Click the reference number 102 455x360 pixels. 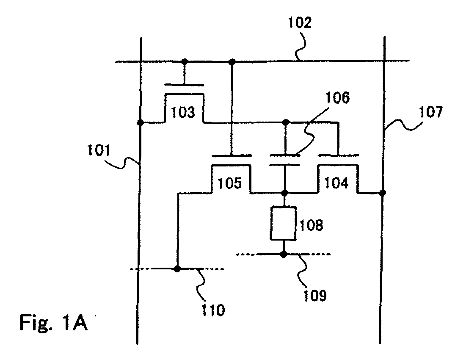300,22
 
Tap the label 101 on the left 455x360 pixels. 99,151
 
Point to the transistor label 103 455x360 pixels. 183,112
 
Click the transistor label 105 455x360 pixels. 229,183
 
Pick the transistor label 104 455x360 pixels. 336,183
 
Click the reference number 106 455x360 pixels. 337,97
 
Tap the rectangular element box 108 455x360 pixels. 284,223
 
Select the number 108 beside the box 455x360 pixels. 311,225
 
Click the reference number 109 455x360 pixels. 315,295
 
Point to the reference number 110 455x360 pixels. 213,310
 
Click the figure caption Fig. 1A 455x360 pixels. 53,322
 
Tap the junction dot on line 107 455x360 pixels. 383,192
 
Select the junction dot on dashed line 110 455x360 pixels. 177,269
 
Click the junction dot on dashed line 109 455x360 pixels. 284,255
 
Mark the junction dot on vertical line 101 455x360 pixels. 141,123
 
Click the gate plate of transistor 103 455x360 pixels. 184,85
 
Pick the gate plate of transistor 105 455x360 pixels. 231,155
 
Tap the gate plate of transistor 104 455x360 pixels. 338,155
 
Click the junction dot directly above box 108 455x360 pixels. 285,192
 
